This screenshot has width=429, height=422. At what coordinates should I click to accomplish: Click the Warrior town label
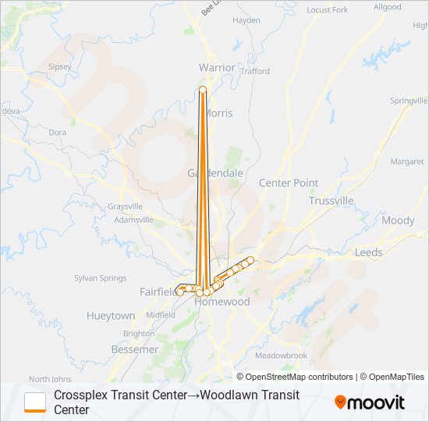tap(217, 68)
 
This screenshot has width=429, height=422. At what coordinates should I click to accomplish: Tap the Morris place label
tap(218, 113)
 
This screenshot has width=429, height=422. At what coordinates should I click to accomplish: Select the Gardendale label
tap(204, 173)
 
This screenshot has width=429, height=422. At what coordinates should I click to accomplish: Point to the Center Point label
tap(289, 183)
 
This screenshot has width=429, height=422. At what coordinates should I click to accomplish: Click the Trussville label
tap(331, 201)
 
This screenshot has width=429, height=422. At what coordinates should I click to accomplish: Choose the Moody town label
tap(398, 220)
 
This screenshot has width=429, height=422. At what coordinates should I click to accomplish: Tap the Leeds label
tap(369, 253)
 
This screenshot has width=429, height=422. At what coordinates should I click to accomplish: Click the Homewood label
tap(222, 302)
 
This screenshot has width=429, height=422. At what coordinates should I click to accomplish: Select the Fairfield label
tap(158, 291)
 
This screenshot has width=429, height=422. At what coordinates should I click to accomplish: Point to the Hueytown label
tap(111, 316)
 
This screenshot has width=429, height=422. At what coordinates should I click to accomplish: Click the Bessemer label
tap(135, 349)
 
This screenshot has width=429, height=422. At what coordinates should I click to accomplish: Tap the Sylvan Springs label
tap(100, 278)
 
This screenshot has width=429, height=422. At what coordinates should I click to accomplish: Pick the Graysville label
tap(126, 206)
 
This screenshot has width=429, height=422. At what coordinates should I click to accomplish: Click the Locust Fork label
tap(328, 10)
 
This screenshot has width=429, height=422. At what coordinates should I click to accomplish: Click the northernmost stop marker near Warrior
tap(203, 91)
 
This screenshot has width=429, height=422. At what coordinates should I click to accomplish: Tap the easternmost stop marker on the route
tap(251, 259)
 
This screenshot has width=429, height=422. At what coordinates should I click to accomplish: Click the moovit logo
tap(370, 402)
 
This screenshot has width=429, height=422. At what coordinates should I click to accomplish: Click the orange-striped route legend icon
tap(35, 402)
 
